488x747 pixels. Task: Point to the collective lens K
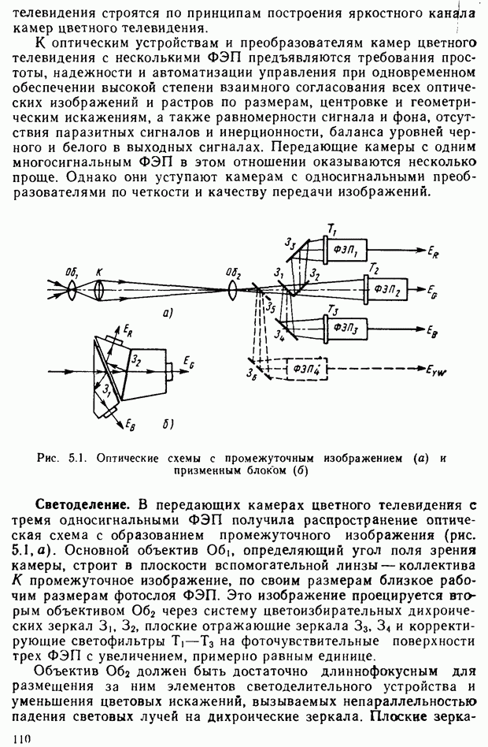[x=100, y=292]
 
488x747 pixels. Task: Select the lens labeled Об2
[x=233, y=289]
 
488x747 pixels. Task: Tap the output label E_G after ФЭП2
[x=433, y=292]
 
